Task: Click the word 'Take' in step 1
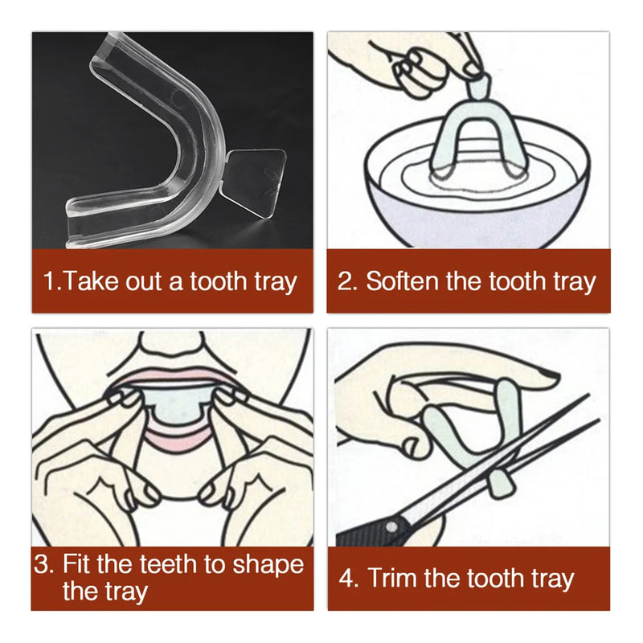[91, 281]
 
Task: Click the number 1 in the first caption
[50, 281]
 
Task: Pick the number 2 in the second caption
[346, 281]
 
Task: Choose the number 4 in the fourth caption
[348, 578]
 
